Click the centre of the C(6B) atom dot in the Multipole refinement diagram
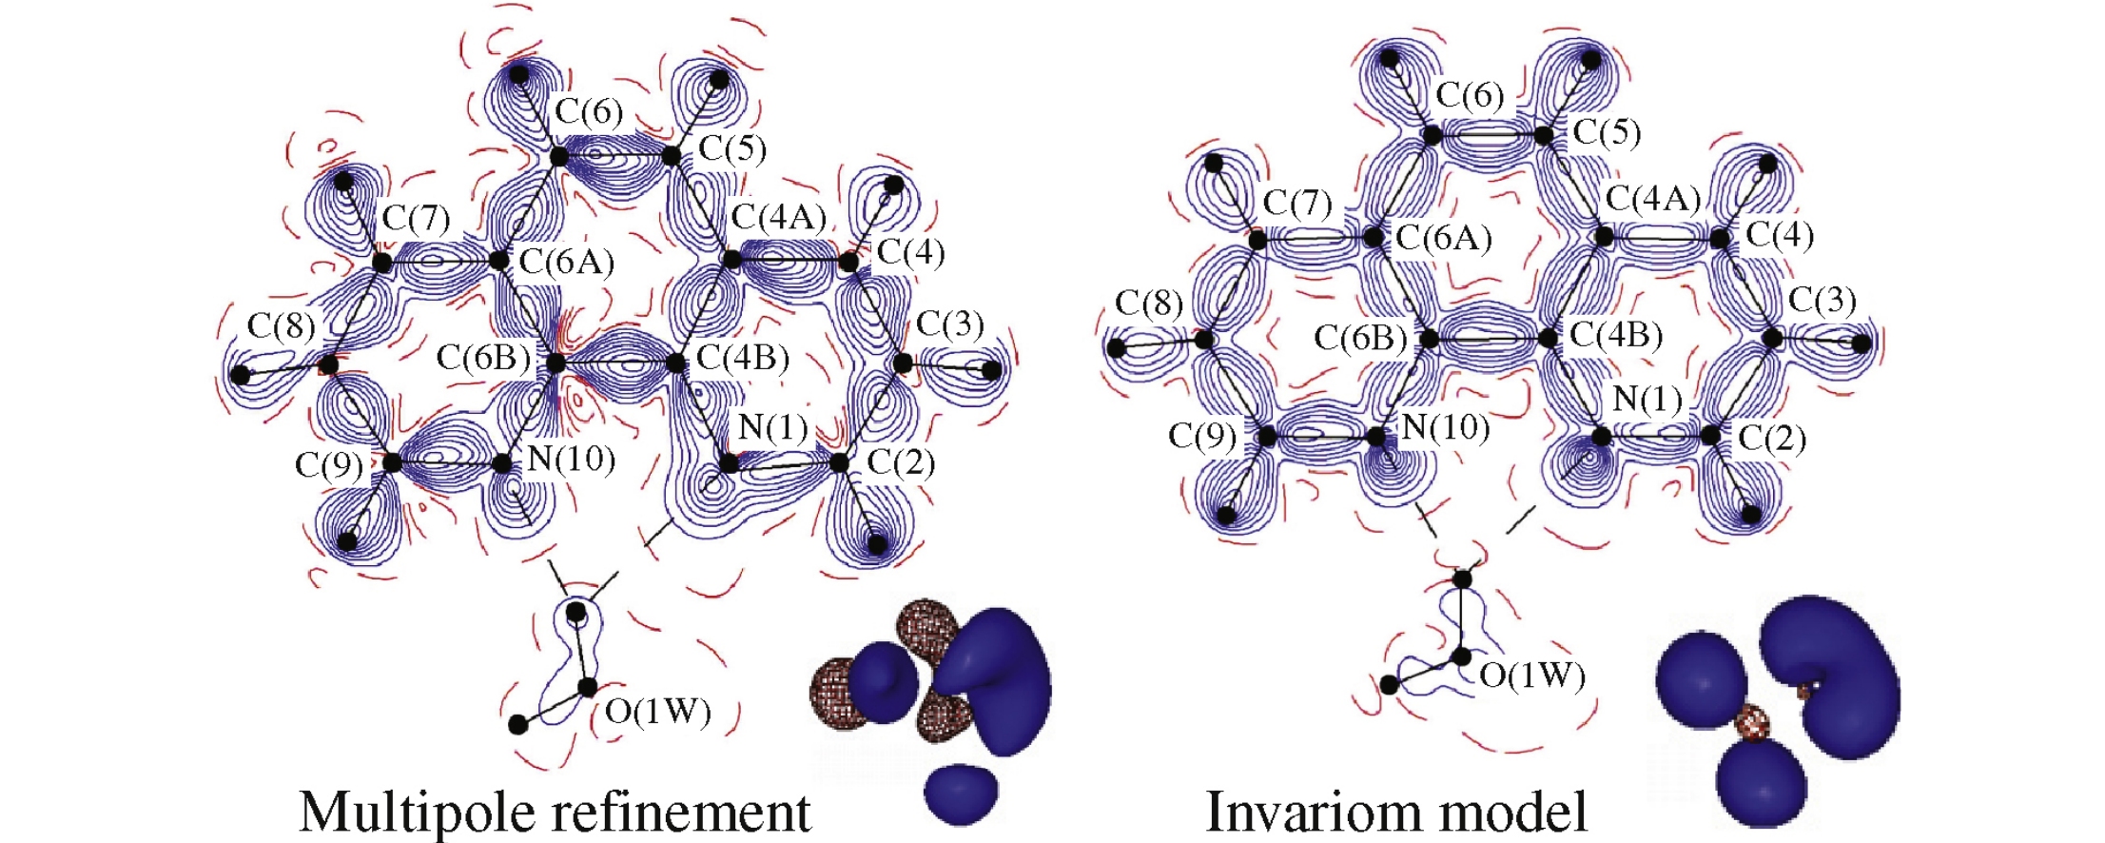coord(556,363)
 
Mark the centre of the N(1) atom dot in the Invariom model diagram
coord(1602,437)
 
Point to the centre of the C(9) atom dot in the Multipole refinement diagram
coord(392,463)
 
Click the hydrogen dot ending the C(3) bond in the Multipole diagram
coord(991,370)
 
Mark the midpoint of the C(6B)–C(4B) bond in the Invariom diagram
coord(1488,339)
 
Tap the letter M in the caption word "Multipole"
coord(329,813)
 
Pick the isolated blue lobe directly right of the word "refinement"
coord(962,794)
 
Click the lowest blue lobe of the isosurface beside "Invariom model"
coord(1761,785)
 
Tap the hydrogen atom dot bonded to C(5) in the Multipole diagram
coord(720,78)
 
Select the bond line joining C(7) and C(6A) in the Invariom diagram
coord(1315,238)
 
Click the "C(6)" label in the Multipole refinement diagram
coord(589,112)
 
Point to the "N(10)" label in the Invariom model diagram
coord(1446,427)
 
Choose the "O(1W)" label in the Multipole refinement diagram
coord(658,711)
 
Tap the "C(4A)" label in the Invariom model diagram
coord(1653,199)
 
